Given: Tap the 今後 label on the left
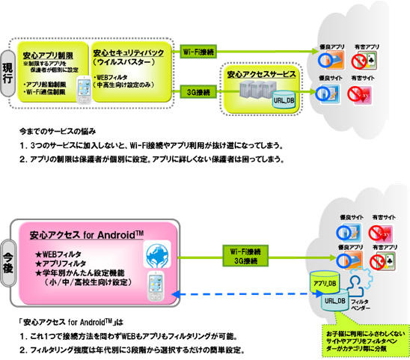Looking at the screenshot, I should click(10, 254).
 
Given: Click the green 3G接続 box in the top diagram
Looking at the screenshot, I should click(200, 93).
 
